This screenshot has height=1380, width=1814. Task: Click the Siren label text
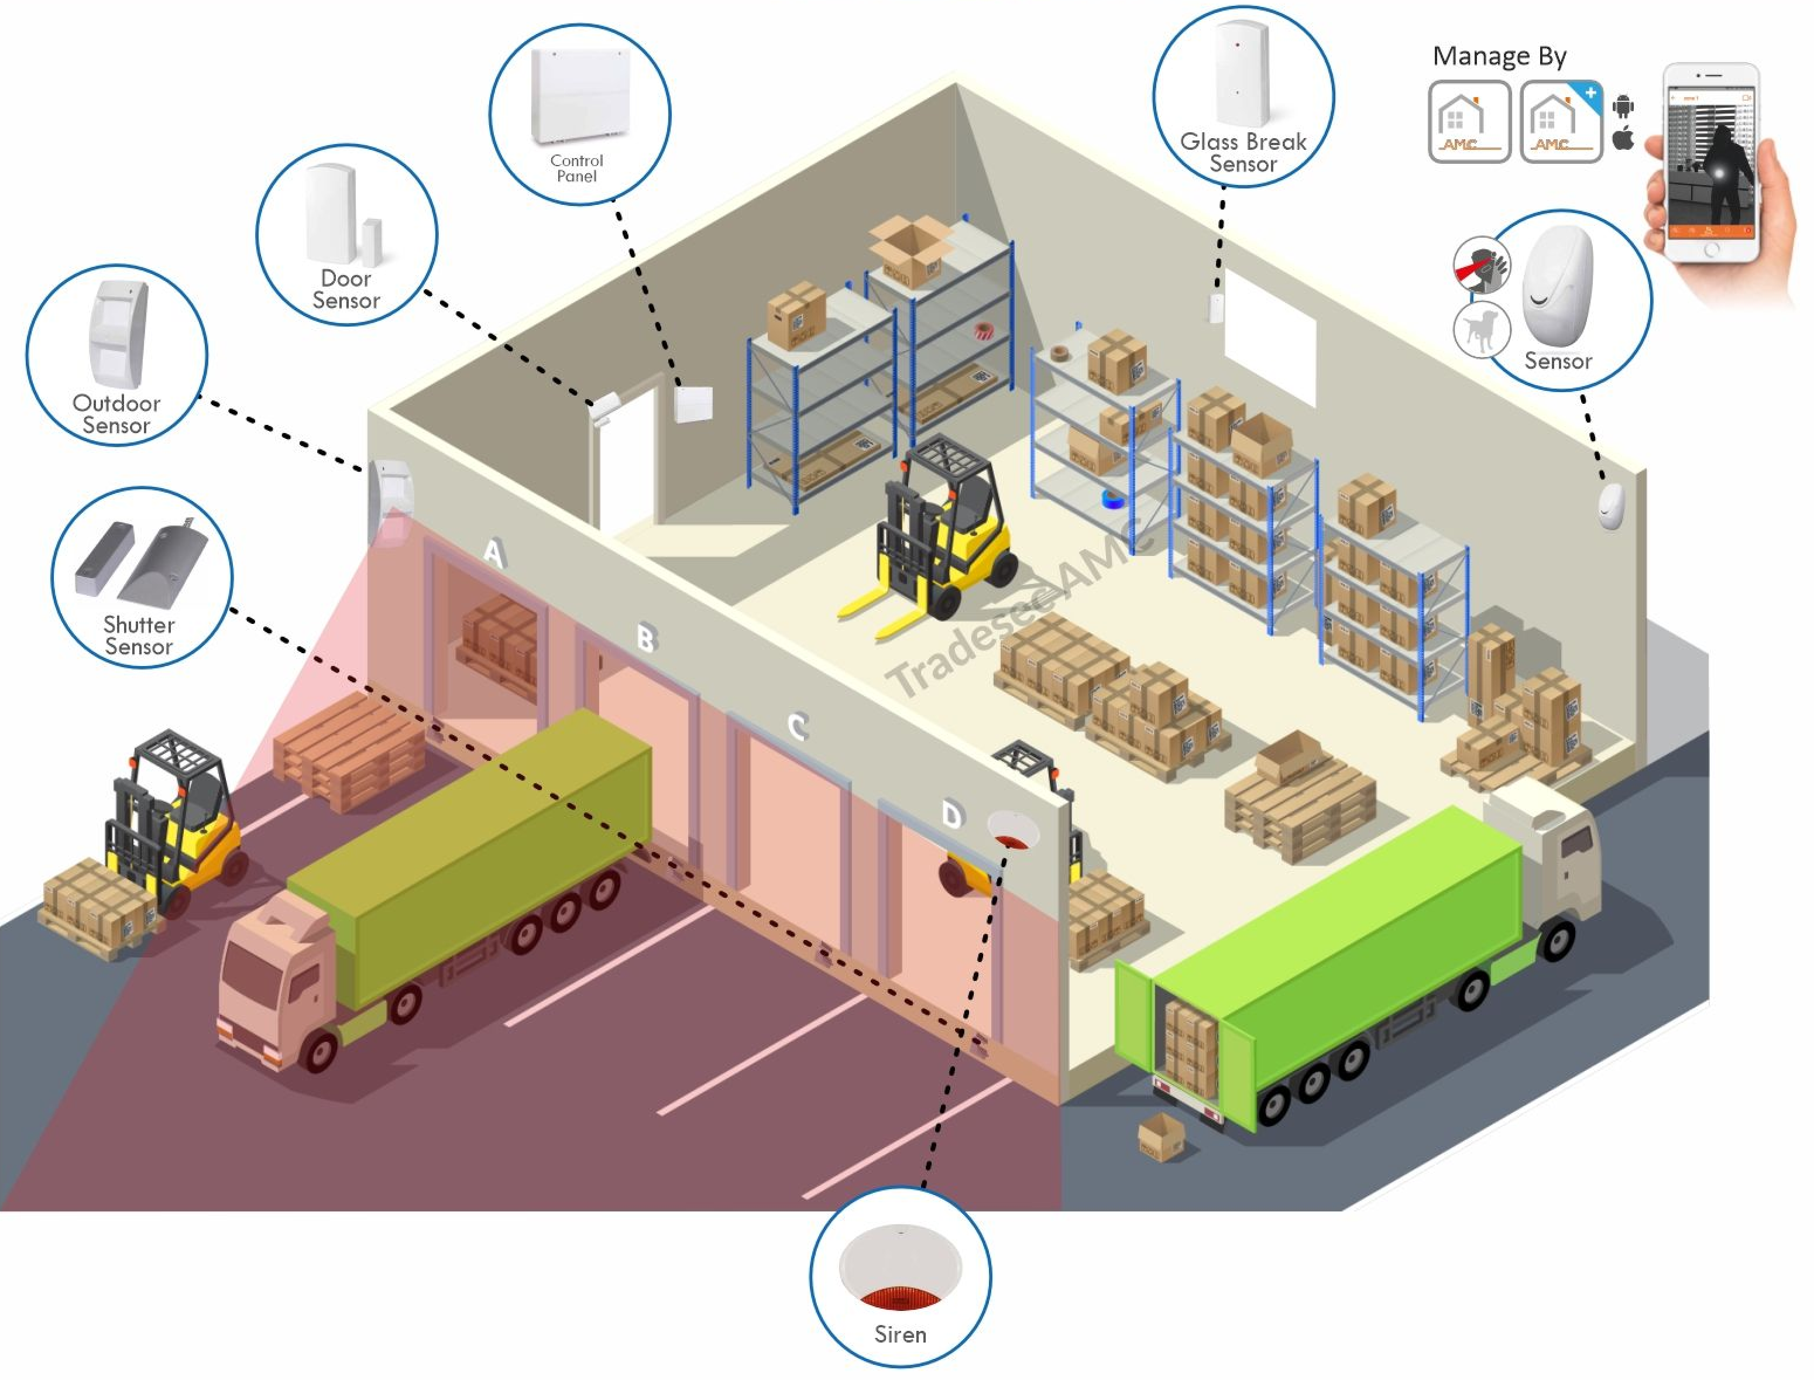point(900,1335)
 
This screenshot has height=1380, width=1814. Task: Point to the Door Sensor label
point(346,290)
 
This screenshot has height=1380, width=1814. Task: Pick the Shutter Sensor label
point(139,636)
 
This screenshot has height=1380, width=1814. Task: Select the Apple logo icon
point(1623,139)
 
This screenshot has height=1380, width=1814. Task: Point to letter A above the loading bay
point(493,553)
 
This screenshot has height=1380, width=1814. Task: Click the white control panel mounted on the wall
point(693,404)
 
